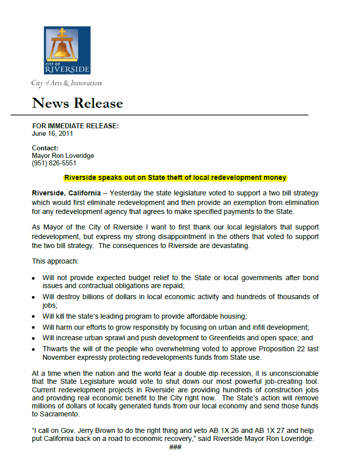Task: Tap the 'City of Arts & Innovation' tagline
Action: coord(66,83)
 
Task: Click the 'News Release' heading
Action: coord(78,103)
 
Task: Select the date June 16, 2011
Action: coord(53,134)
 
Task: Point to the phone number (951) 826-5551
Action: coord(54,163)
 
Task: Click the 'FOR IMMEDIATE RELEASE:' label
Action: coord(76,126)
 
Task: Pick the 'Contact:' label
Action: coord(45,148)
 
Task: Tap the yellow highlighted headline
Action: coord(175,177)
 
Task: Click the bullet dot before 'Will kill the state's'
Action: coord(34,317)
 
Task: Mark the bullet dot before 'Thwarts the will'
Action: coord(34,349)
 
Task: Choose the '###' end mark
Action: coord(175,447)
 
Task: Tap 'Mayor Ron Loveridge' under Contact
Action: coord(63,155)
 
